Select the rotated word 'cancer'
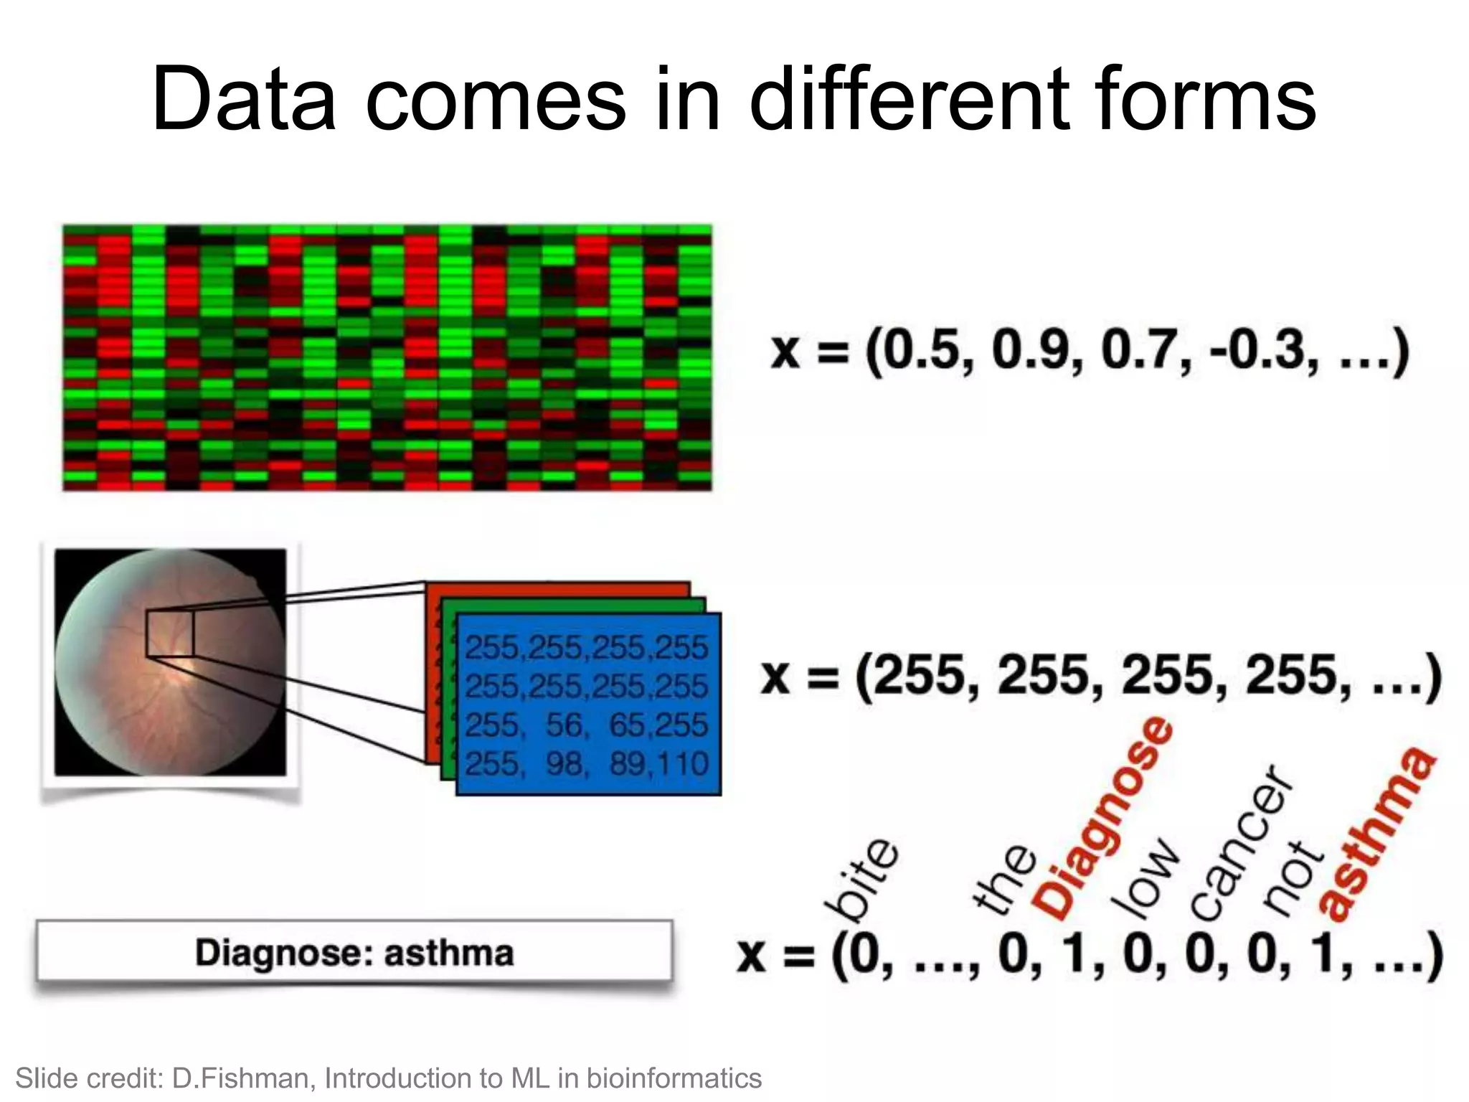click(x=1241, y=843)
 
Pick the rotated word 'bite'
click(x=861, y=879)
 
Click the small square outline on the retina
click(x=170, y=634)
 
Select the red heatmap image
click(x=387, y=358)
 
